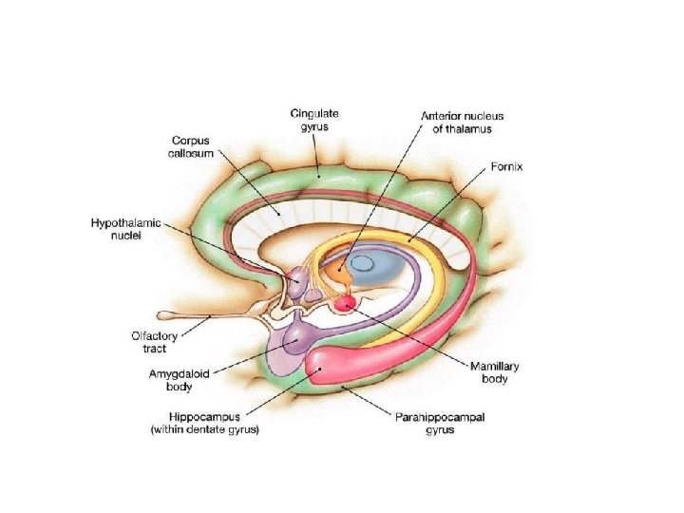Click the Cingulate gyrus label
314,121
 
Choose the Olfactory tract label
148,342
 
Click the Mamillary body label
495,372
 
